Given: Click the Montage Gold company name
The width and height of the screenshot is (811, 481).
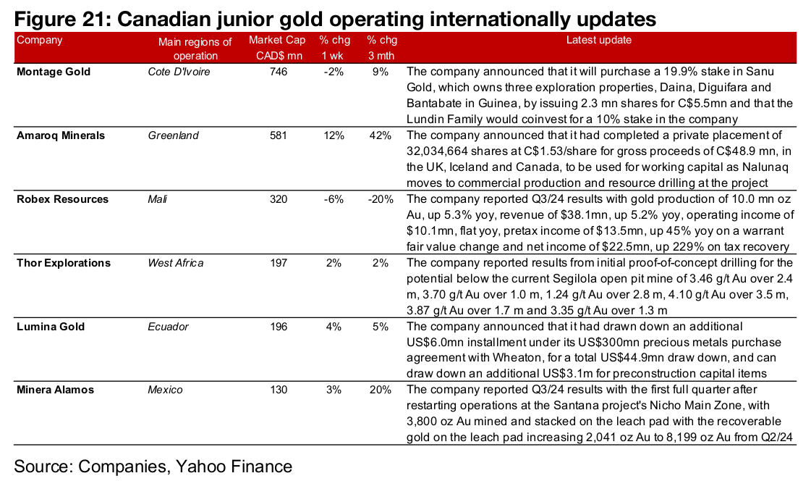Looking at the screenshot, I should coord(54,72).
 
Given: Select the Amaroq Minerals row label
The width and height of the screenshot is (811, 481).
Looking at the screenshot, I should coord(60,135).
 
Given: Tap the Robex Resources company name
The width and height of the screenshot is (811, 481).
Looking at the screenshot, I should coord(62,199).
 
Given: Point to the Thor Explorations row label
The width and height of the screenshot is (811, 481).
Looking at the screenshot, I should coord(64,263).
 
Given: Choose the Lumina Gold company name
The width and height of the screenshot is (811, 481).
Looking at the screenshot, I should coord(51,327).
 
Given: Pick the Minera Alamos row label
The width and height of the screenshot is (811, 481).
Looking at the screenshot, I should coord(56,390).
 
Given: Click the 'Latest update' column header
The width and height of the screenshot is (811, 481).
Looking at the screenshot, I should coord(598,41).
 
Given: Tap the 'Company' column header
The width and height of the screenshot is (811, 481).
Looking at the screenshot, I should coord(40,41).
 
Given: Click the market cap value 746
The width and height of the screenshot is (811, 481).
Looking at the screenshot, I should coord(278,72).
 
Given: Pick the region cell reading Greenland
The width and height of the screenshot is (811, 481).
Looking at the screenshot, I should coord(173,135).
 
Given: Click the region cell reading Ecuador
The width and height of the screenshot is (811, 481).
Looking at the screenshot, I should coord(168,327).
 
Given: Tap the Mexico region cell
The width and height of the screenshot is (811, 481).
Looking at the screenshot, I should coord(165,390).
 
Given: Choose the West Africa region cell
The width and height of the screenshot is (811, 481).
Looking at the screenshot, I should coord(176,263).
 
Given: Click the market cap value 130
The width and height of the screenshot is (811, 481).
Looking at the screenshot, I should coord(278,390).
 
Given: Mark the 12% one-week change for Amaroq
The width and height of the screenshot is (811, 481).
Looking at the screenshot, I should coord(334,135).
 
